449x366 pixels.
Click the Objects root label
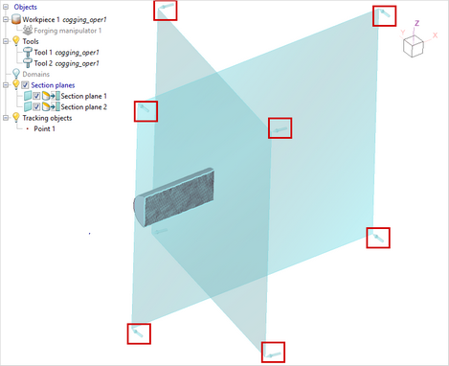point(25,7)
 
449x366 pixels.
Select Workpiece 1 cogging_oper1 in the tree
point(64,20)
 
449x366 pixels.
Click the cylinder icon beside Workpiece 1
point(16,19)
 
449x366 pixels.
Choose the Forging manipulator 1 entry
point(68,31)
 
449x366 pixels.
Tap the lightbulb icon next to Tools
point(16,41)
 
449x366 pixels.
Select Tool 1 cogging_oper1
point(66,53)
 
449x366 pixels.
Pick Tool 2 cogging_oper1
point(66,63)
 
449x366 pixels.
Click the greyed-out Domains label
point(36,74)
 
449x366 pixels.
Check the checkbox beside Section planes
point(25,85)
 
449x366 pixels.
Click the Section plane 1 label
point(84,96)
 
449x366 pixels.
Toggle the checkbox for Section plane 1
point(36,96)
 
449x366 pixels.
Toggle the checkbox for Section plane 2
point(36,107)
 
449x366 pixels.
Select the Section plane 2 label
point(84,107)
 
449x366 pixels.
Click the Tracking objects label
point(47,118)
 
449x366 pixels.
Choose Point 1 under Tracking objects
point(44,128)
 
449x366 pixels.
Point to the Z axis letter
point(416,23)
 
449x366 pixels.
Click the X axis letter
point(435,35)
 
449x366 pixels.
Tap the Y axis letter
point(403,33)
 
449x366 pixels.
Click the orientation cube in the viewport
point(414,47)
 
